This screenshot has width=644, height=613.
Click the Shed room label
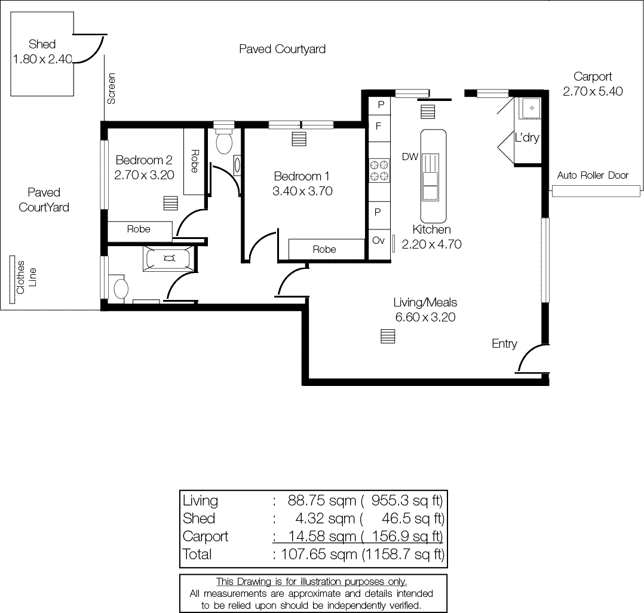pos(42,44)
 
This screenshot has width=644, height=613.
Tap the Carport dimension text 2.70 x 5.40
pos(593,91)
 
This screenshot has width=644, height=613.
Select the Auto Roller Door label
pos(593,175)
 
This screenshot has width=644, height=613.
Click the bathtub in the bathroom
pos(169,259)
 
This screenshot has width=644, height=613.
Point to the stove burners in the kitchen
pos(379,170)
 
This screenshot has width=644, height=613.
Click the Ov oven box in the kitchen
pos(378,240)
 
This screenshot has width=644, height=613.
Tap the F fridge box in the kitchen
pos(378,126)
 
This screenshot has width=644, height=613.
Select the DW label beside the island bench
pos(409,157)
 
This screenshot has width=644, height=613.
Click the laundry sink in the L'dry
pos(529,108)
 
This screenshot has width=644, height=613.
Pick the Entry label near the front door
pos(504,344)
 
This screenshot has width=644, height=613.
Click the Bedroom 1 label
pos(302,176)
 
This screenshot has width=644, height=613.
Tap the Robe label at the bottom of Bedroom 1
pos(324,249)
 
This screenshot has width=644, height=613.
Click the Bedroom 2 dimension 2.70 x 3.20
pos(144,176)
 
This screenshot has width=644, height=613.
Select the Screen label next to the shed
pos(111,88)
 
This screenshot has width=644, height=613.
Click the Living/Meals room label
pos(425,302)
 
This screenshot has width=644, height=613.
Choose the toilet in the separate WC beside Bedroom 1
pos(224,142)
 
